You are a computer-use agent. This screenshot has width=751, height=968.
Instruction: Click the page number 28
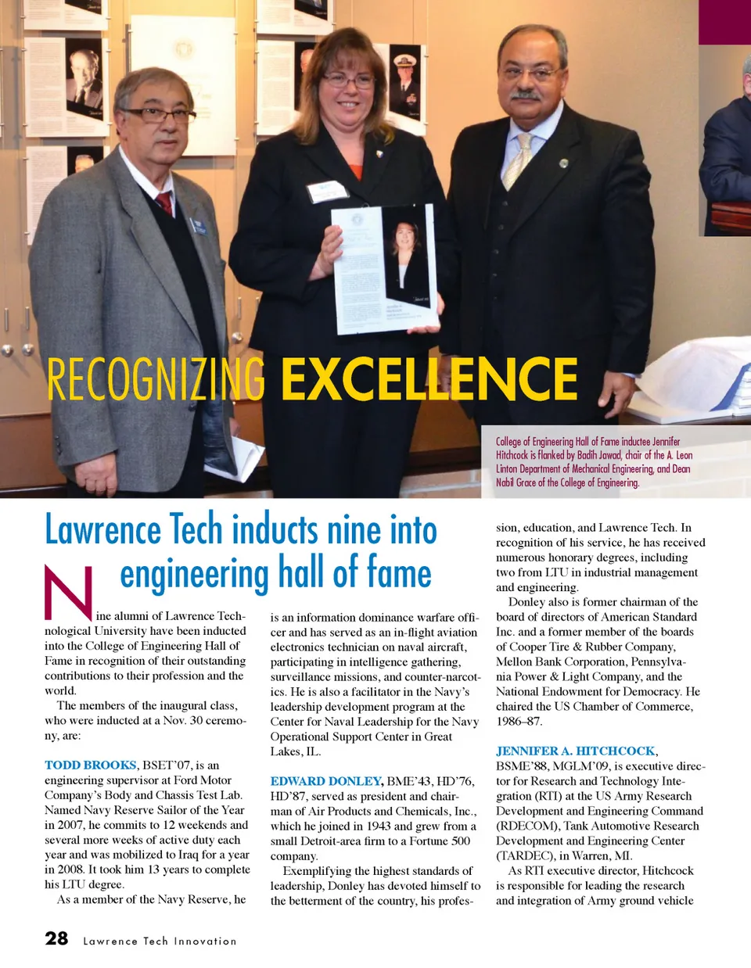tap(56, 938)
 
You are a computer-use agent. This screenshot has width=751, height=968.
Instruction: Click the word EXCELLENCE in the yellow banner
tap(429, 379)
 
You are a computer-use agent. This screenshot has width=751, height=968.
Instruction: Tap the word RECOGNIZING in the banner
tap(156, 379)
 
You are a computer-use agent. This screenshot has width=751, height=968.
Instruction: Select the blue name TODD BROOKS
tap(90, 765)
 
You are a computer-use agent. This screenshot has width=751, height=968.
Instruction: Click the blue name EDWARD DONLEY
tap(325, 781)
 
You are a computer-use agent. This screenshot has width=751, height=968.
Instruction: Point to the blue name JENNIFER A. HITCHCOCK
tap(575, 751)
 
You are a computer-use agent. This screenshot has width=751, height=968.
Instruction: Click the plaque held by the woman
tap(384, 269)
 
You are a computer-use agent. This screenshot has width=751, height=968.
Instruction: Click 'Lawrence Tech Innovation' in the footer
tap(160, 941)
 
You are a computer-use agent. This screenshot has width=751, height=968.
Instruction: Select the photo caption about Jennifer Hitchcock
tap(593, 462)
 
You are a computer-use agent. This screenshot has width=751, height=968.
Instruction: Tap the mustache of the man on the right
tap(524, 95)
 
